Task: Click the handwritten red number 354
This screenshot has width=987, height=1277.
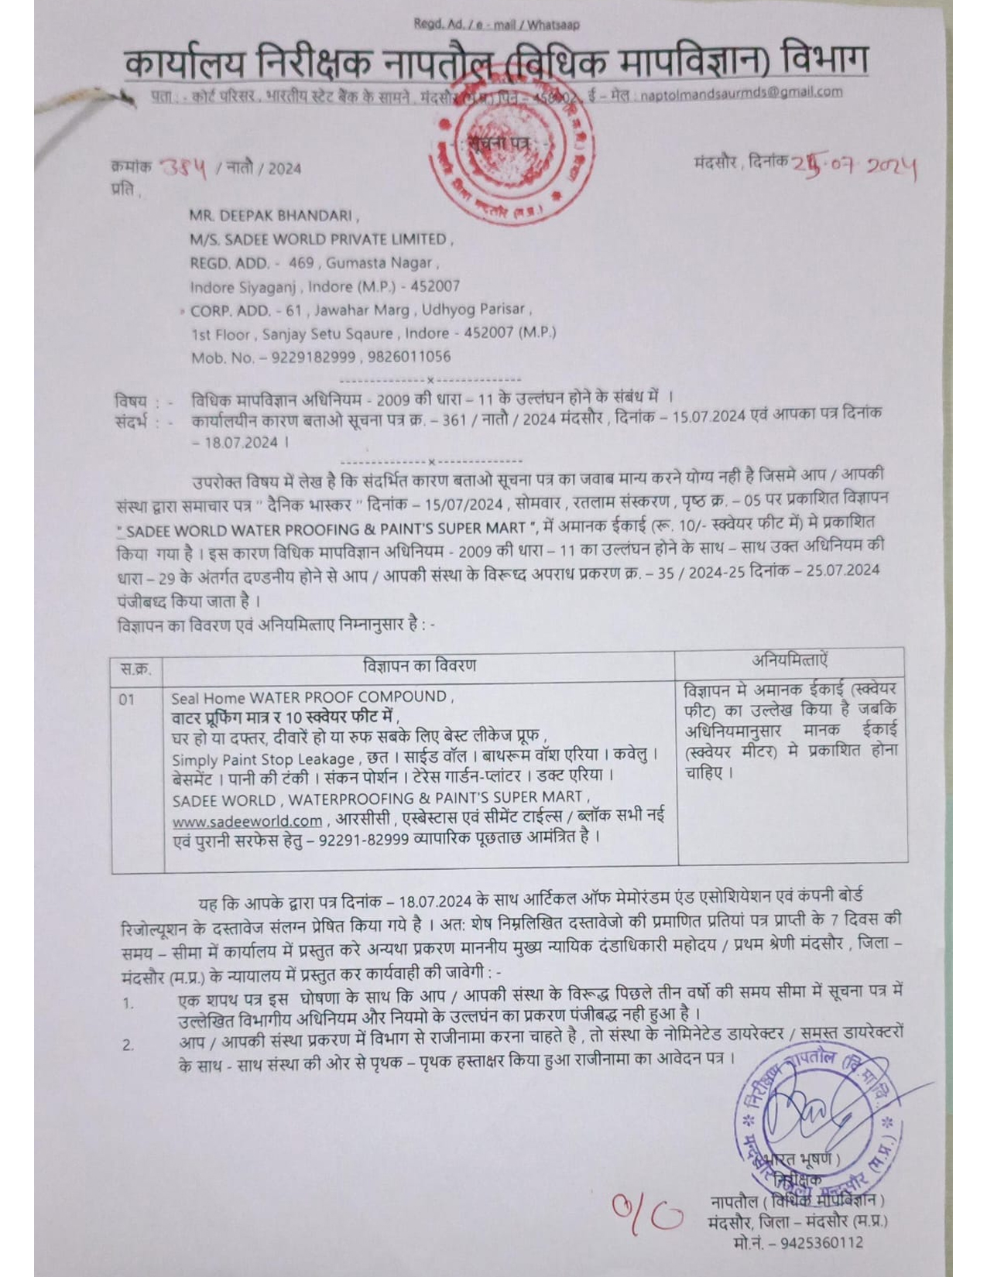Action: [x=183, y=167]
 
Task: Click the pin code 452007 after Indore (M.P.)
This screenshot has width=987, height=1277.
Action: [x=435, y=286]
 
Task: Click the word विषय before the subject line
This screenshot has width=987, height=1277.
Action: [x=130, y=401]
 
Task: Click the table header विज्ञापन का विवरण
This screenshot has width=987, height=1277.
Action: [x=419, y=666]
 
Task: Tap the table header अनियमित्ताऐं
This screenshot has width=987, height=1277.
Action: [x=790, y=660]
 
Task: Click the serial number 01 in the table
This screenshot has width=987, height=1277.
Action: [x=127, y=699]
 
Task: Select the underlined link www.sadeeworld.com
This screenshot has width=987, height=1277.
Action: [x=247, y=820]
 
